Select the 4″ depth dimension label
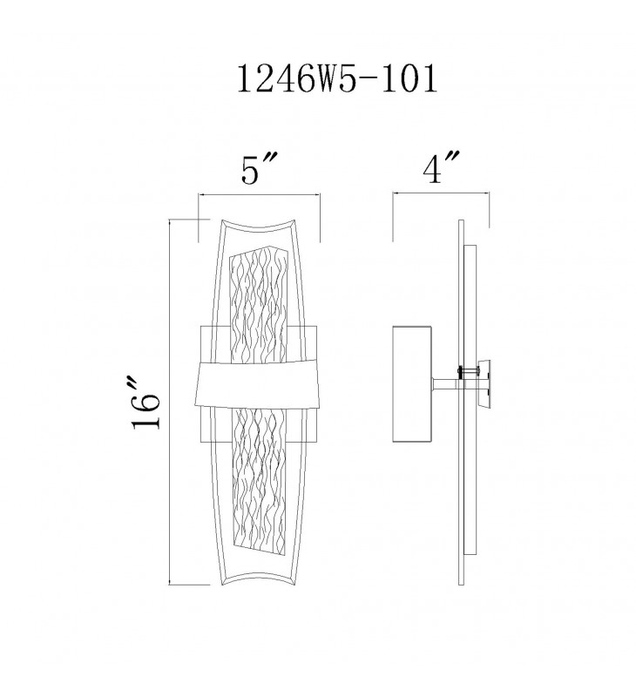coord(440,167)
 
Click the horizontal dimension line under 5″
coord(259,194)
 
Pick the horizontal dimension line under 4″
coord(441,193)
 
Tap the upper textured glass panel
coord(259,307)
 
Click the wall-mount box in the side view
coord(412,384)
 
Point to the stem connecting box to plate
coord(445,385)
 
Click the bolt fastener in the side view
coord(469,369)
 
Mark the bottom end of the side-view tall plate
coord(462,585)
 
